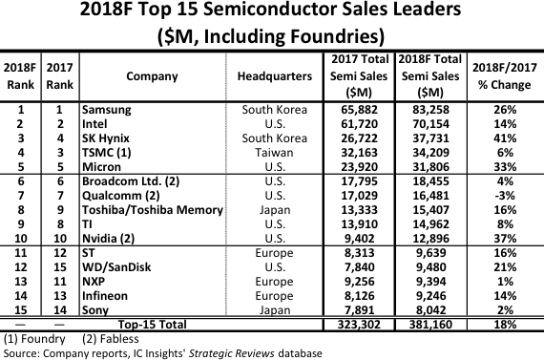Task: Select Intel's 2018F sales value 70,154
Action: tap(433, 123)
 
